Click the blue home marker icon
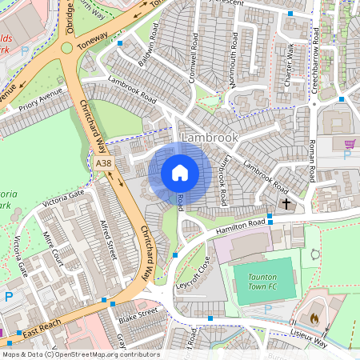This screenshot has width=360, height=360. pyautogui.click(x=180, y=173)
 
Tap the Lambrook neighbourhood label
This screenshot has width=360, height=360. pyautogui.click(x=210, y=138)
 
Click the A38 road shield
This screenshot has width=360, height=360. pyautogui.click(x=103, y=163)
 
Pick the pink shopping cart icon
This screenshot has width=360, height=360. pyautogui.click(x=350, y=144)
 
